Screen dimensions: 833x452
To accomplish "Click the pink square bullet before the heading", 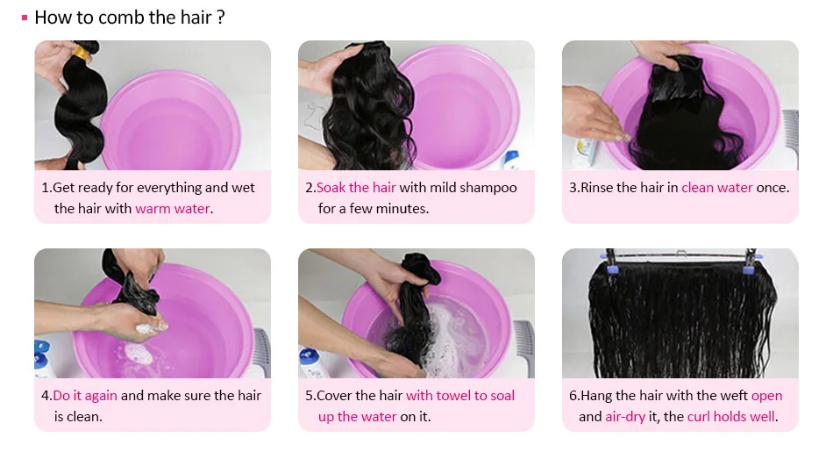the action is tap(25, 18).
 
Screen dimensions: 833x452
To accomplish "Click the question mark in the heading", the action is tap(221, 18).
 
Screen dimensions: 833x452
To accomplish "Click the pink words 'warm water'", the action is tap(172, 209).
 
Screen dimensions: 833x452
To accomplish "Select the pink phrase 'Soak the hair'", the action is tap(356, 187).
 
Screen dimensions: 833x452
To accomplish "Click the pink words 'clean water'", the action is tap(716, 187).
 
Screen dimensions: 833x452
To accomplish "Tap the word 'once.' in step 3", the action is tap(772, 188).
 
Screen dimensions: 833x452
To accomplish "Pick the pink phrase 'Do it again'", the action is tap(85, 396).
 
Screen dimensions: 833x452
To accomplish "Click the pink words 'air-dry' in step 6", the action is tap(624, 416).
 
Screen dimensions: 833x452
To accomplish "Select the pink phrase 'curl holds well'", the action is tap(731, 416).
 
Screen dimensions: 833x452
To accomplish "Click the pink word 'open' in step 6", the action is tap(766, 396).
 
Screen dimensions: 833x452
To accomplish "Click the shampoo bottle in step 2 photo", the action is tap(511, 161).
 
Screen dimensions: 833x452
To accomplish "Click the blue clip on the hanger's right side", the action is tap(749, 264).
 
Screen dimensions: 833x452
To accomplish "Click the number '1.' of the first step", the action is tap(46, 188).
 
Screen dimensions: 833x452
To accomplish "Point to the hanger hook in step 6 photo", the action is tap(681, 254).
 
